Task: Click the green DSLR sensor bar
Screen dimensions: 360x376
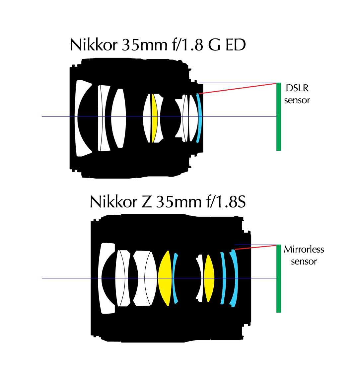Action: pos(278,116)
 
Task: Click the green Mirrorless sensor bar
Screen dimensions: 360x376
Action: pos(278,278)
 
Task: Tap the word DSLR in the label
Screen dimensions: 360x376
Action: pos(297,88)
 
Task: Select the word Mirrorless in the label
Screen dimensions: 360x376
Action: pos(304,249)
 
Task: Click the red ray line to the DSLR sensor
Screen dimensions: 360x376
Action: pos(237,89)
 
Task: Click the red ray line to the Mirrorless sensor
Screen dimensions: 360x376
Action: pos(255,247)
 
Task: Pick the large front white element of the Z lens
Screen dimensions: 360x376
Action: pos(103,278)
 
